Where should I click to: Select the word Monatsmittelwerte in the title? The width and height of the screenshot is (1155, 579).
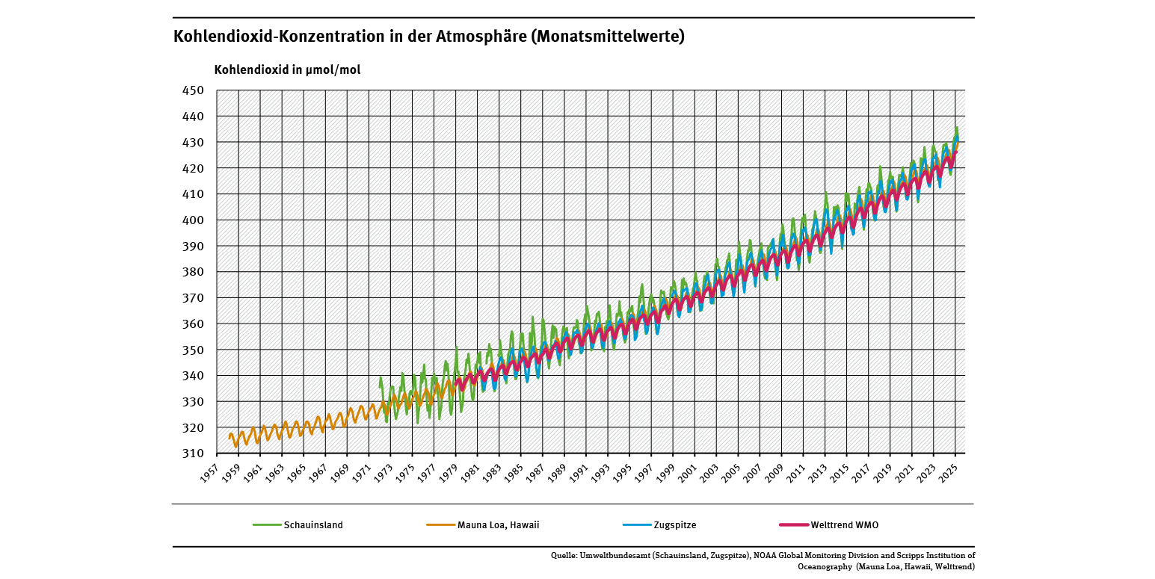pyautogui.click(x=607, y=37)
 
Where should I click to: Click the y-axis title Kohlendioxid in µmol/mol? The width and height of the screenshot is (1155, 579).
pyautogui.click(x=287, y=70)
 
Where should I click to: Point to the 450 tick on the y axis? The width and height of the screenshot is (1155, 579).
pyautogui.click(x=193, y=90)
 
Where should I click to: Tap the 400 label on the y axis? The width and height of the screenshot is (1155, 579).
pyautogui.click(x=193, y=220)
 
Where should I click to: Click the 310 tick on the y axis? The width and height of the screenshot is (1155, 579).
pyautogui.click(x=193, y=453)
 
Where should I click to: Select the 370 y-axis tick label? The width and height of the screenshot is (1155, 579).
pyautogui.click(x=193, y=298)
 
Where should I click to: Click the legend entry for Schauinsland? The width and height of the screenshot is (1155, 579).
pyautogui.click(x=313, y=525)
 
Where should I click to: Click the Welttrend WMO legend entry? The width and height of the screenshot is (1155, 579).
pyautogui.click(x=845, y=525)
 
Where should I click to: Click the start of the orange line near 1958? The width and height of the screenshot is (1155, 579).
pyautogui.click(x=229, y=437)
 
